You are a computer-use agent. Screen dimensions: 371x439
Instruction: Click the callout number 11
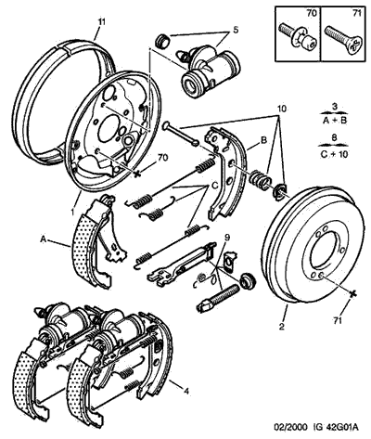pos(102,22)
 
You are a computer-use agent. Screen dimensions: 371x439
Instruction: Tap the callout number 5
pos(236,30)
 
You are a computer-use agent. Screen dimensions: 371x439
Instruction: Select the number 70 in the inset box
pos(312,13)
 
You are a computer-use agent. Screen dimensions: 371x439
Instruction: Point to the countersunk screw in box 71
pos(343,41)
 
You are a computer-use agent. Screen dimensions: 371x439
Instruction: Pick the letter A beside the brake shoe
pos(43,239)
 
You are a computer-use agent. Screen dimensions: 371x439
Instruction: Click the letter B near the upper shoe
pos(263,140)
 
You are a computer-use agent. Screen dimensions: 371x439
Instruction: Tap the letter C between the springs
pos(215,186)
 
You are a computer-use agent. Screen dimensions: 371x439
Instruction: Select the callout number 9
pos(227,238)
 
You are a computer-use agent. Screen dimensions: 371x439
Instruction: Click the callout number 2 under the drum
pos(282,326)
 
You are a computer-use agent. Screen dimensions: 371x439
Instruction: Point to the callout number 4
pos(186,392)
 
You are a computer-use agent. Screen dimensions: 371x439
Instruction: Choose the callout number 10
pos(282,109)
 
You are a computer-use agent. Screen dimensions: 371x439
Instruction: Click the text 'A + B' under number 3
pos(335,121)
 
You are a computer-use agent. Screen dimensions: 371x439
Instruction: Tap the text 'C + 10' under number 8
pos(334,154)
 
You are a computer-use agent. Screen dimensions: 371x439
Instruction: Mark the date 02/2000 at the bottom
pos(291,428)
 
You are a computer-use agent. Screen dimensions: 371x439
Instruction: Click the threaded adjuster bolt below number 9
pos(218,298)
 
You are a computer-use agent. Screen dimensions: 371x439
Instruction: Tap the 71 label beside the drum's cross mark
pos(338,320)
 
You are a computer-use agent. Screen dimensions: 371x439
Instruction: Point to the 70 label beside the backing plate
pos(162,158)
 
